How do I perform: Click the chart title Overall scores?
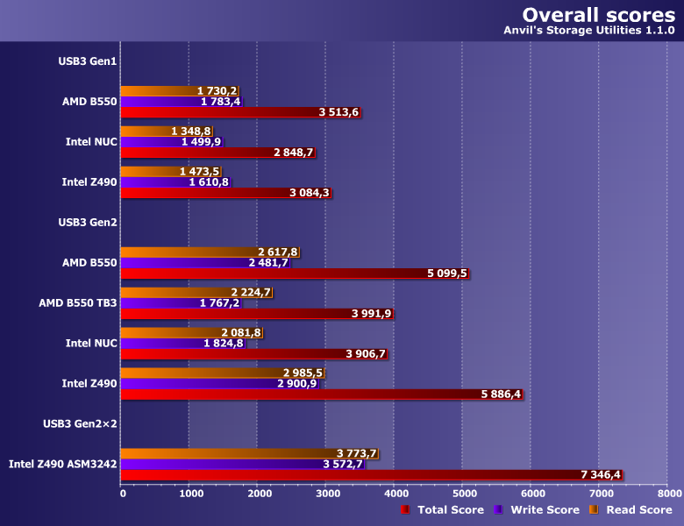(x=598, y=15)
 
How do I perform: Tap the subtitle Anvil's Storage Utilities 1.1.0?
(x=588, y=31)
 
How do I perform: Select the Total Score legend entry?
(x=442, y=509)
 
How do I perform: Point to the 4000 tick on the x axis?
(x=394, y=494)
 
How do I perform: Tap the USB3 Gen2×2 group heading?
(x=81, y=423)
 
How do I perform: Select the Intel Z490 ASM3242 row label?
(x=63, y=464)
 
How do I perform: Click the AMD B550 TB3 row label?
(x=78, y=302)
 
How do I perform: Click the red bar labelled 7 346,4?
(x=351, y=475)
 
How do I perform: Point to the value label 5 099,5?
(x=447, y=274)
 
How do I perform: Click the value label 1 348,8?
(x=192, y=131)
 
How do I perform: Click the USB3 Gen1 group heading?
(x=89, y=60)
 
